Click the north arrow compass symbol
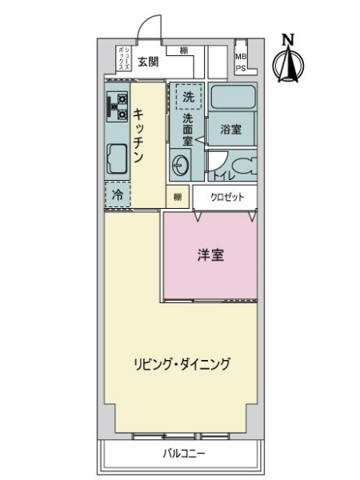coord(288,64)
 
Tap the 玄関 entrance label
coord(149,61)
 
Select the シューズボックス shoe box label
coord(123,58)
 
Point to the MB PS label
coord(241,62)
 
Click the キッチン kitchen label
coord(138,137)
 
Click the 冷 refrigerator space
coord(118,194)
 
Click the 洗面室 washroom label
coord(188,130)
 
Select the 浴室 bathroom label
coord(231,130)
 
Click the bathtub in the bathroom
coord(231,101)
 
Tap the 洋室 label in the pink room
coord(210,256)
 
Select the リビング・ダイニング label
coord(182,364)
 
